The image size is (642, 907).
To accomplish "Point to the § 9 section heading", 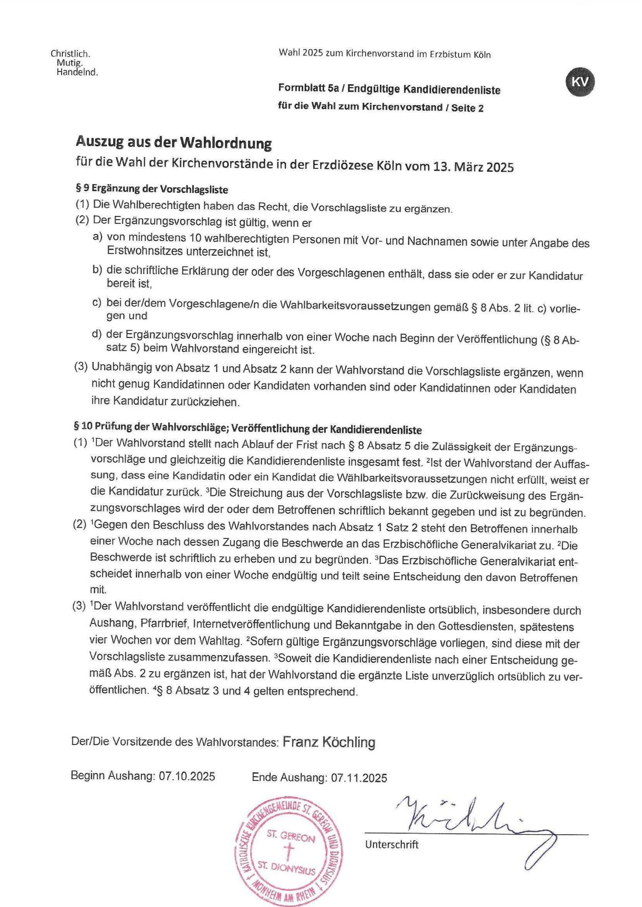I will pos(152,189).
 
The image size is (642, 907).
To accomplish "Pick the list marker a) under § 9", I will pos(97,237).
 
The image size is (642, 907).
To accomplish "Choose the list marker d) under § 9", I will pos(97,334).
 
